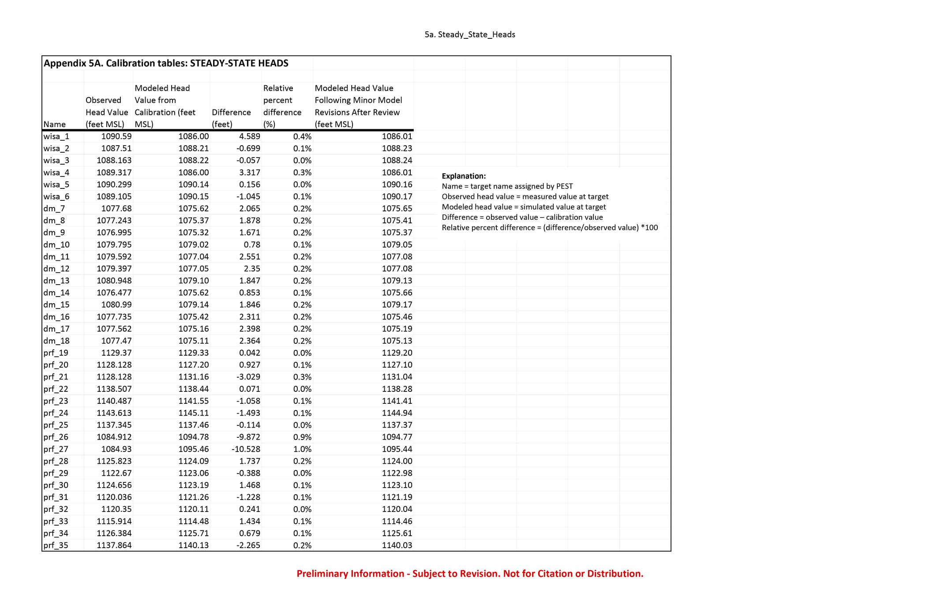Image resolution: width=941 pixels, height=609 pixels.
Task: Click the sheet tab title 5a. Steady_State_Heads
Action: point(469,34)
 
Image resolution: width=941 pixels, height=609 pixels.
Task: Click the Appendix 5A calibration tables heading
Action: point(166,63)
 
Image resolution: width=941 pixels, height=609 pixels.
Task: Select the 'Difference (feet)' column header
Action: point(231,118)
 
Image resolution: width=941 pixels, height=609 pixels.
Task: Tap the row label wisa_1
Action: point(56,136)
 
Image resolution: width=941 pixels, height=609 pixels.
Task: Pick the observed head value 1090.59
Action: point(116,136)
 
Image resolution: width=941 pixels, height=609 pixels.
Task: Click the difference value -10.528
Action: point(246,449)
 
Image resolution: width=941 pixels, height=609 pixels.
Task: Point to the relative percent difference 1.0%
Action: point(302,449)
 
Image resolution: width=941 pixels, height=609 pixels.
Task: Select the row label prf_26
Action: point(56,437)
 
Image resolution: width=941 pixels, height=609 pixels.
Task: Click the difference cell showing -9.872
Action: point(248,437)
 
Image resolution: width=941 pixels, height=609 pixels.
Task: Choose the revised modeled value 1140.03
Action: point(397,545)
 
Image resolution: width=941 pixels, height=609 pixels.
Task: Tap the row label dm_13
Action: point(56,281)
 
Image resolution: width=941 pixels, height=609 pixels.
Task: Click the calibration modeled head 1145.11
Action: point(194,413)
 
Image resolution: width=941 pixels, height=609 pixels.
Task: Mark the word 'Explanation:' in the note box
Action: point(464,176)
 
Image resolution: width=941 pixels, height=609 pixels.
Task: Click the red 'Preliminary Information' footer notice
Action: point(470,574)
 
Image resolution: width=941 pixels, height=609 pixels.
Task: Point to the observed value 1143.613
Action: point(114,413)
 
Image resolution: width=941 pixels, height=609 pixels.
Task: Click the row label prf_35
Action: point(56,545)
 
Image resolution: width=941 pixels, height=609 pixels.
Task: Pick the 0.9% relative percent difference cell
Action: point(302,437)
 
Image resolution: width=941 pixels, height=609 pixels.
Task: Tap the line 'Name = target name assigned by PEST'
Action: point(507,186)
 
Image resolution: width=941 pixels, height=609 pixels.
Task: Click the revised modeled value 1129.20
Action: point(397,353)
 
